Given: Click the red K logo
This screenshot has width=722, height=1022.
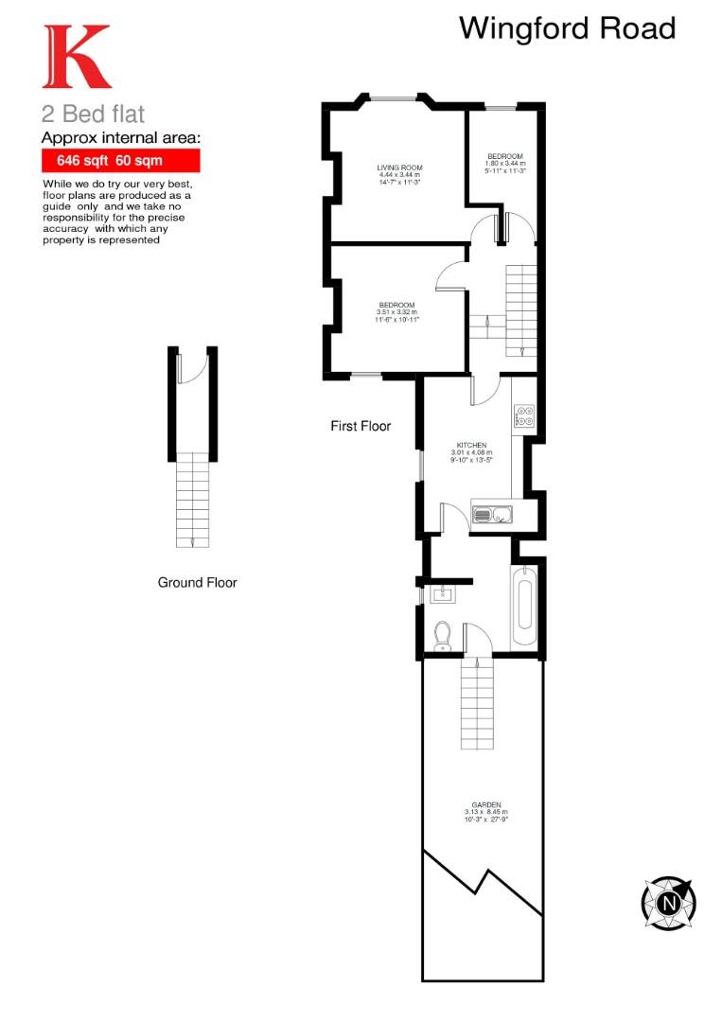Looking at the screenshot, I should pos(76,58).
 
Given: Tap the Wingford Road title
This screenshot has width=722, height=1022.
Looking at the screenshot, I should pos(567,28).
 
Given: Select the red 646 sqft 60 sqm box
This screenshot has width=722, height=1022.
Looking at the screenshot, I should pos(121,162).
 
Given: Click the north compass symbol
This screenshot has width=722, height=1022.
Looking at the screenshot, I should pos(668,903).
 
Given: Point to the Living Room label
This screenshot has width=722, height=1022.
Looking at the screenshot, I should pos(399,174).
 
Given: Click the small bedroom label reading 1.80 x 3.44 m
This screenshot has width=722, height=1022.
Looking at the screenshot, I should pos(504,163).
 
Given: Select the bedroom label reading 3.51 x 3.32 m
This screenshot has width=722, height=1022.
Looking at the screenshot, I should pos(397,311).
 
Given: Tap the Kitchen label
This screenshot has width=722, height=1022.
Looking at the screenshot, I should pos(471,451).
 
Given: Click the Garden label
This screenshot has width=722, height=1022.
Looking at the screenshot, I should pos(485,811).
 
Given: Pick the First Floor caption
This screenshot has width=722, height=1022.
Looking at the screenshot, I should pos(361,427).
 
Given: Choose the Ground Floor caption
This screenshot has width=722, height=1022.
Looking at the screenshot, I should pos(197,582).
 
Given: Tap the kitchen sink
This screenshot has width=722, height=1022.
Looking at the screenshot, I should pos(491,515).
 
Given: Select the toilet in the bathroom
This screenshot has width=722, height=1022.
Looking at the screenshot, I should pos(441,636).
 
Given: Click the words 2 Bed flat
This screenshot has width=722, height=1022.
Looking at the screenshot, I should pos(93,115).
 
